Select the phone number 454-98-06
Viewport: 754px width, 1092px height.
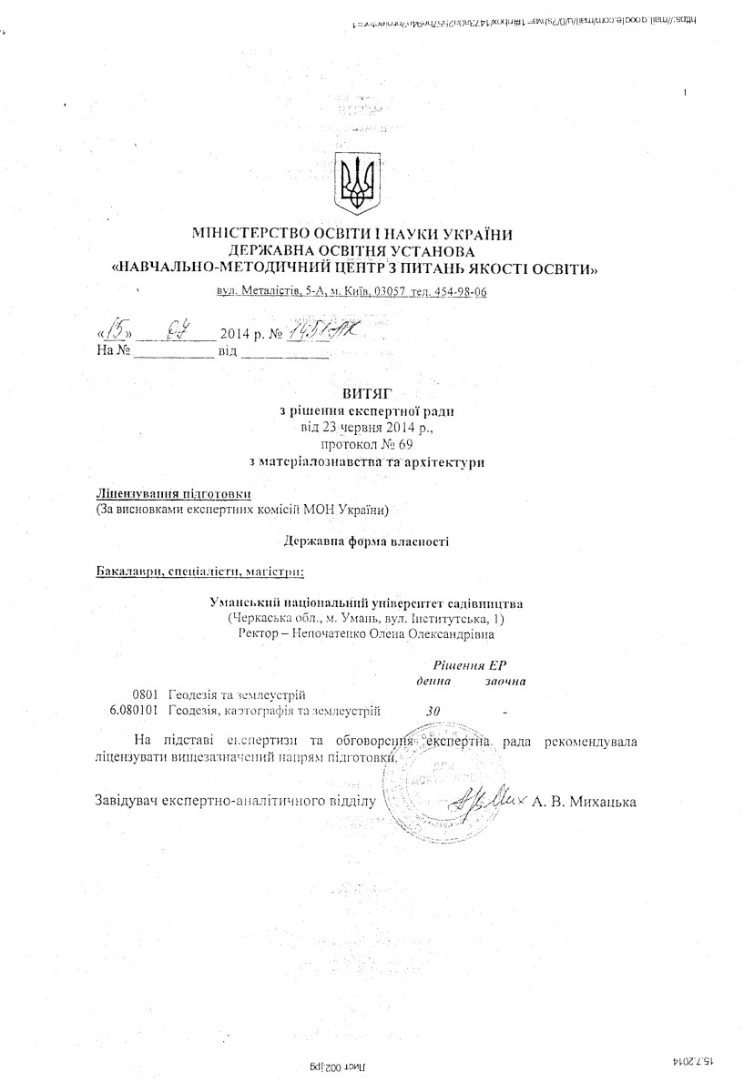pyautogui.click(x=454, y=291)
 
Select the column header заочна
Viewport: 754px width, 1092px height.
pyautogui.click(x=504, y=681)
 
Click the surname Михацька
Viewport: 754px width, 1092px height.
pyautogui.click(x=600, y=802)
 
